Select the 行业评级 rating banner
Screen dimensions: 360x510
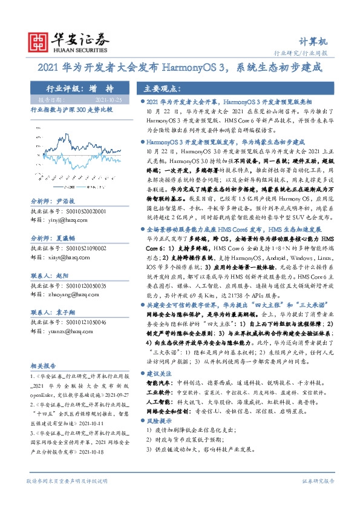76,87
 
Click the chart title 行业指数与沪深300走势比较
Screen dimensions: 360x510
66,109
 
